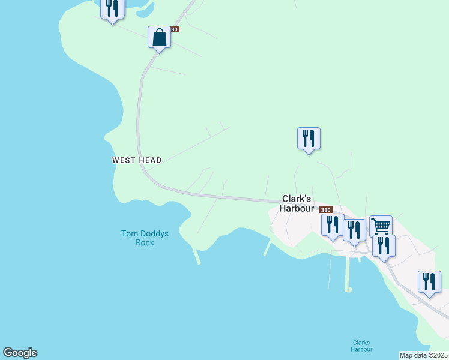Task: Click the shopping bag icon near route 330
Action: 159,38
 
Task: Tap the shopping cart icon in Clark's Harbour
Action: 381,227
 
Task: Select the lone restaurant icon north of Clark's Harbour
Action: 309,139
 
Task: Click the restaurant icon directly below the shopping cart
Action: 384,246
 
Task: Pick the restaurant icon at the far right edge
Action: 429,282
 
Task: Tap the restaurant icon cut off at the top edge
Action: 112,8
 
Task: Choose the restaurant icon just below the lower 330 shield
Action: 332,225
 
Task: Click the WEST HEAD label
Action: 137,160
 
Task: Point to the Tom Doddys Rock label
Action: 145,238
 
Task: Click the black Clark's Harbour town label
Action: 297,203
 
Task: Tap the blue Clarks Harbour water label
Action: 362,346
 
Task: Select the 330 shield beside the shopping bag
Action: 174,29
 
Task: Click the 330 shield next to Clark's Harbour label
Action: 325,209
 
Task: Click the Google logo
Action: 20,353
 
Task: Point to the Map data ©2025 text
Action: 423,355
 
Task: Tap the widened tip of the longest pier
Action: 348,290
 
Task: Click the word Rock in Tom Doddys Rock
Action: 145,243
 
